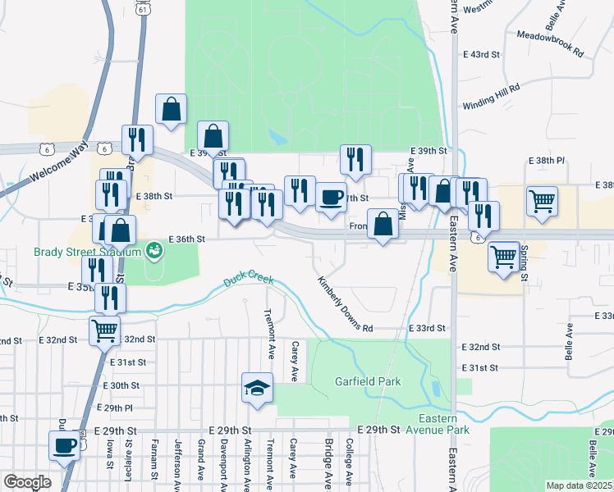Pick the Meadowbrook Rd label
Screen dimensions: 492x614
point(550,43)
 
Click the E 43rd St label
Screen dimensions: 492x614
point(481,54)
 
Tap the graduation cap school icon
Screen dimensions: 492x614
point(257,388)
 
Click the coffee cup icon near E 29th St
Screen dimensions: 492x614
point(64,447)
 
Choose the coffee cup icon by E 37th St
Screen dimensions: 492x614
point(331,198)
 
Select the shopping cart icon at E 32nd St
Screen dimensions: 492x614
point(103,331)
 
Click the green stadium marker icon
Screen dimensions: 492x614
point(153,248)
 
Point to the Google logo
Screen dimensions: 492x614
point(27,482)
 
